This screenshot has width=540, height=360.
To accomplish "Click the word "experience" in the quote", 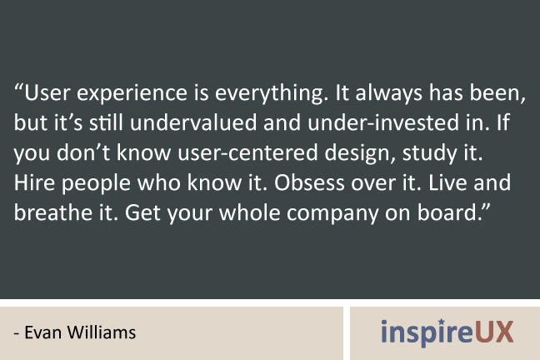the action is pos(132,93).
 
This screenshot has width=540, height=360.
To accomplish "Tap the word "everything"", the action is pos(269,93).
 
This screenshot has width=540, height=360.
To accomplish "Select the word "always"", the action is pos(389,93).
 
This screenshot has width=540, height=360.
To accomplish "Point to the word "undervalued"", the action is pos(193,122).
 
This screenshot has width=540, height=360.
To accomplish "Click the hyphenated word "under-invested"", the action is pos(383,122).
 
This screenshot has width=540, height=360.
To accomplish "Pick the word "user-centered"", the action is pos(247,152).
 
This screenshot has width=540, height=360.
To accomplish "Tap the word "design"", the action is pos(360,153).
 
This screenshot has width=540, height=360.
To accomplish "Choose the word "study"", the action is pos(429,153).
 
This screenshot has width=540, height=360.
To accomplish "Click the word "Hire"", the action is pos(34,182).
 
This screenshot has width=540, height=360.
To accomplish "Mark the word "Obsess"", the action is pos(309,182).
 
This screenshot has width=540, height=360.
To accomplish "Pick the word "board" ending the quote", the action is pos(447,212).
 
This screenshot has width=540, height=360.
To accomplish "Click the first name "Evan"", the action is pos(43,332).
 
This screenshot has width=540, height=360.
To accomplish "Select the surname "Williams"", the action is pos(102,332).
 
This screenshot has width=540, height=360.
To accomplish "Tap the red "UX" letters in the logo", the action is pos(494,332).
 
